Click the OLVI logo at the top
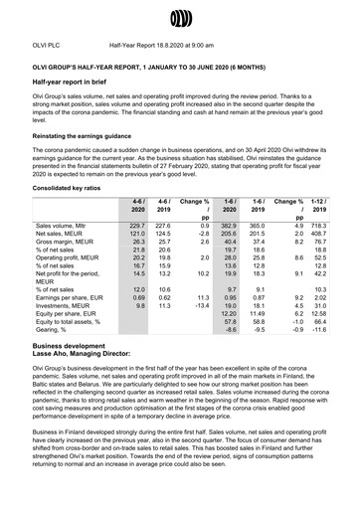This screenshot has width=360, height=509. tap(179, 19)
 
